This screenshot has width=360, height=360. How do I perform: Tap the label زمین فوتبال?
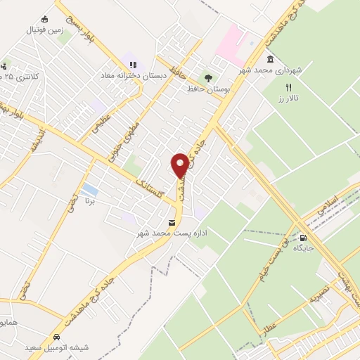coord(45,30)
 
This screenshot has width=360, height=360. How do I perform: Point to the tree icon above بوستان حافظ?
coord(207,78)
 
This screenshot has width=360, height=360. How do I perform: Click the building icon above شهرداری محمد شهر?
coord(271,60)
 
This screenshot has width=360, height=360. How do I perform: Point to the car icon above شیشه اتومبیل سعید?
coord(56,336)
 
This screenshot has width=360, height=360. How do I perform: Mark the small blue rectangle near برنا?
coord(89,190)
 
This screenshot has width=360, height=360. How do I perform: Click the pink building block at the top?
coord(232,42)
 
